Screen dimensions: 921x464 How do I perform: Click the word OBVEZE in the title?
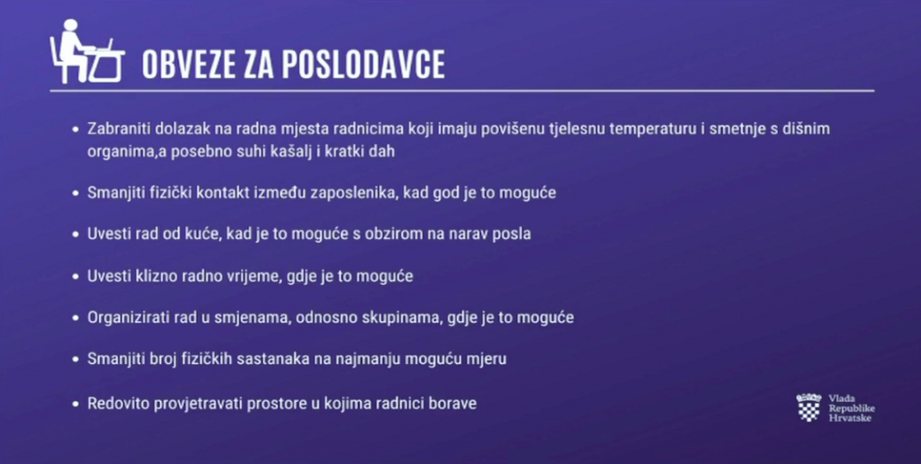tap(190, 64)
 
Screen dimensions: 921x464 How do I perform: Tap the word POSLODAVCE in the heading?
tap(363, 64)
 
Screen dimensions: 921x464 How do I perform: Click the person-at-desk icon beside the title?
tap(87, 51)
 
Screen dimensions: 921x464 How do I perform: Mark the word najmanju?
tap(364, 360)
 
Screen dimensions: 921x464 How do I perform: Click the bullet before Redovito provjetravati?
tap(75, 404)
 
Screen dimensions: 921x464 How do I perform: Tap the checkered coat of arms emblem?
tap(809, 407)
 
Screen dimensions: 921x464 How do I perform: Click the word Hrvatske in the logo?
tap(850, 417)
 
